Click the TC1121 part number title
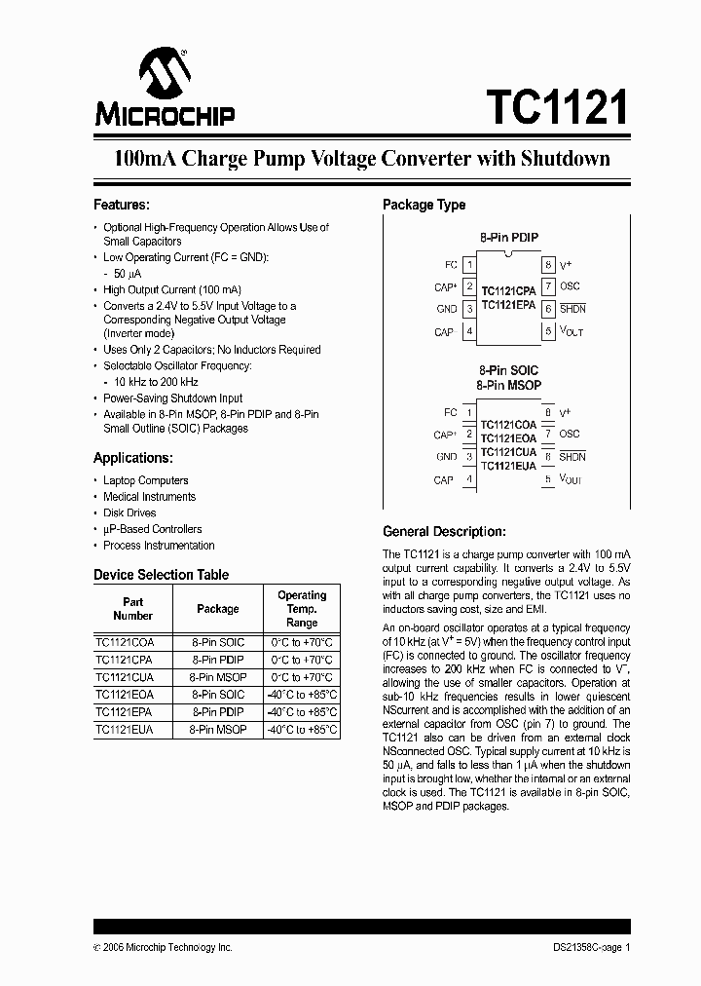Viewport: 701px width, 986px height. point(556,107)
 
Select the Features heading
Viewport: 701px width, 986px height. point(121,205)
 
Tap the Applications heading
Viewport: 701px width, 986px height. point(132,458)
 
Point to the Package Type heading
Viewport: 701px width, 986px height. point(424,205)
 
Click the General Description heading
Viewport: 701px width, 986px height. point(444,532)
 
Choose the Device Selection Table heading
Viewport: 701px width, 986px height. point(161,575)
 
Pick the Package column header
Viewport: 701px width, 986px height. point(217,609)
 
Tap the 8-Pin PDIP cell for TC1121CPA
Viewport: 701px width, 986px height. point(217,660)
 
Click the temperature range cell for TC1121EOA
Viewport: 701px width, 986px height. point(301,695)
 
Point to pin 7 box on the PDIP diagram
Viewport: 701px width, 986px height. point(548,286)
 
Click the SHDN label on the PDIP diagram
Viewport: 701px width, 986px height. point(572,309)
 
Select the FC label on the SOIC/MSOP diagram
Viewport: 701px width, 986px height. point(450,412)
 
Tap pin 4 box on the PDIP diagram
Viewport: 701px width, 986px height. point(469,332)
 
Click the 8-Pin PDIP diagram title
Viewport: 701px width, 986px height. point(508,238)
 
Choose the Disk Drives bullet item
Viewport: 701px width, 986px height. point(129,512)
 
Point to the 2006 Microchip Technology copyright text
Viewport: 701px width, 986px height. point(163,947)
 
